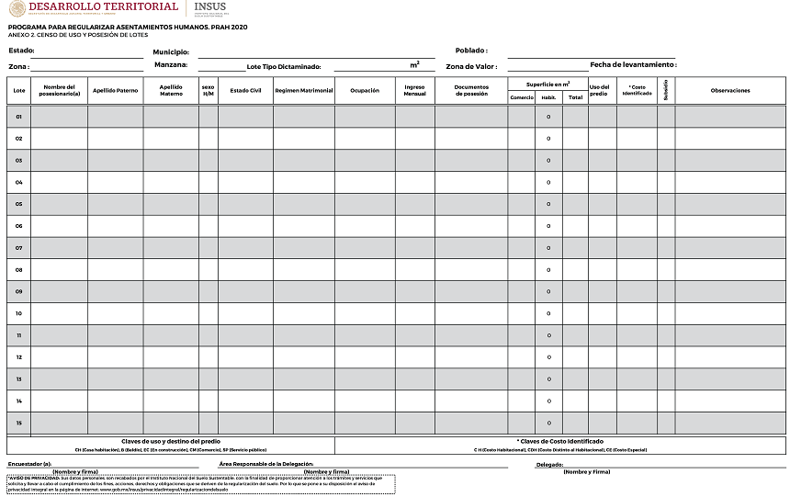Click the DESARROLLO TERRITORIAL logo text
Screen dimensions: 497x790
point(103,7)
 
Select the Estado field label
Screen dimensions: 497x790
point(22,51)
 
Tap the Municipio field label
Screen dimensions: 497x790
point(171,51)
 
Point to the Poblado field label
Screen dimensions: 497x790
point(471,51)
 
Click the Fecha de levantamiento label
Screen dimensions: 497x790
point(633,65)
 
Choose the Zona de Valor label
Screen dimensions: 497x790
point(471,67)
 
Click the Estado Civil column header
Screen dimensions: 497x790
point(246,91)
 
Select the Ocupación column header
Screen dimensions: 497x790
point(365,91)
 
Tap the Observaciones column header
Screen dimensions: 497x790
point(730,91)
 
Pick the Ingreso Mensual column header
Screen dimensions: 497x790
point(415,91)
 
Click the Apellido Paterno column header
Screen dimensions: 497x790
point(115,91)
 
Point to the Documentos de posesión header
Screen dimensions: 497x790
point(470,91)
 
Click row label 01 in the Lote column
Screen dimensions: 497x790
point(18,117)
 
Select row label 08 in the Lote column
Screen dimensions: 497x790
point(18,270)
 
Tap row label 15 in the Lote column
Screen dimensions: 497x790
point(18,423)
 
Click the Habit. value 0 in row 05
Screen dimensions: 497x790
point(548,204)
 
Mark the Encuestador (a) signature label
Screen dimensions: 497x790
point(29,464)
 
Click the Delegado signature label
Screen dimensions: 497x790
point(549,465)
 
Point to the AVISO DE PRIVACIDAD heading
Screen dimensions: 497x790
point(34,479)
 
